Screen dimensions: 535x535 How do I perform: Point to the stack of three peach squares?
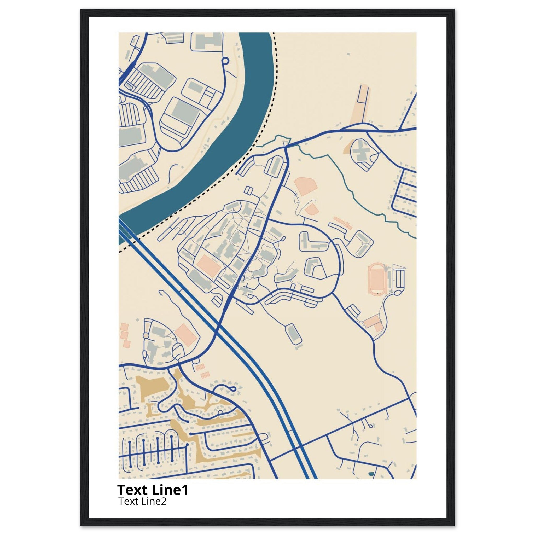coord(125,335)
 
